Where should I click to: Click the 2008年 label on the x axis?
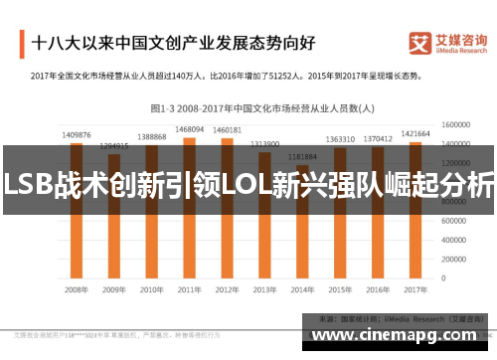(x=76, y=289)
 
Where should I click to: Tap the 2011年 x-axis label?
(x=189, y=289)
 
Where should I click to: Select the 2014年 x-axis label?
(x=302, y=289)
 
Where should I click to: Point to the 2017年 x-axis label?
(x=415, y=289)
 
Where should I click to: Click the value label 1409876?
(x=76, y=134)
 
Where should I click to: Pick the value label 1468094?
(x=189, y=128)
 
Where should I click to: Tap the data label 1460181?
(x=227, y=129)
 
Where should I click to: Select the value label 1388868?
(x=151, y=136)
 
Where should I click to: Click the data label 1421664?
(x=414, y=133)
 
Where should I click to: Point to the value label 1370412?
(x=378, y=139)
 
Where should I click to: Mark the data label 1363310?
(x=340, y=139)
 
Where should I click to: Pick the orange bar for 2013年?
(x=264, y=239)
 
